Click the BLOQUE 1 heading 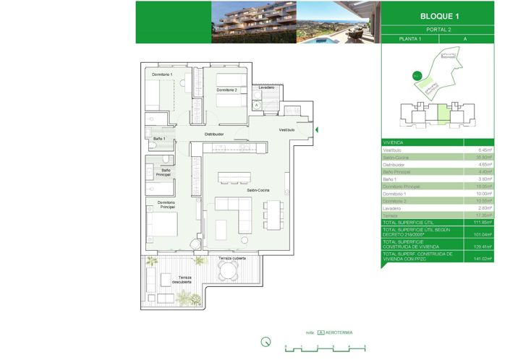[439, 16]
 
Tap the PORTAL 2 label [439, 30]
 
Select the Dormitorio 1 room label [162, 74]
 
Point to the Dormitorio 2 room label [226, 90]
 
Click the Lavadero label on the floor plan [265, 87]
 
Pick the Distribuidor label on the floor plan [213, 134]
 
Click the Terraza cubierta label [232, 257]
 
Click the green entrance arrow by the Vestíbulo [316, 129]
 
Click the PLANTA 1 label [410, 38]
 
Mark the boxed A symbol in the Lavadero [257, 104]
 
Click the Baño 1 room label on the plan [159, 138]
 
